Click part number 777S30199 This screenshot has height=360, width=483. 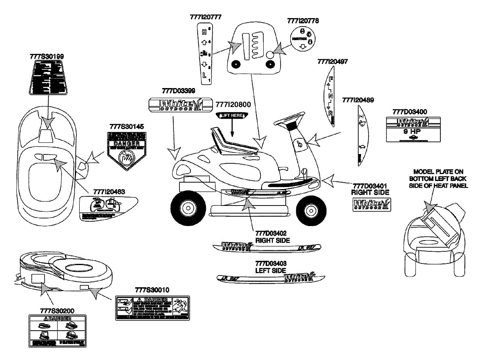tap(47, 57)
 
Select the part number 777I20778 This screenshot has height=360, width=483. tap(303, 21)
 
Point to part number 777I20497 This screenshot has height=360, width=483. tap(332, 62)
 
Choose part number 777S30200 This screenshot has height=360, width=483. tap(57, 311)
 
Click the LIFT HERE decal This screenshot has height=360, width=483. tap(232, 115)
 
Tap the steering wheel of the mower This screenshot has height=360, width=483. tap(289, 117)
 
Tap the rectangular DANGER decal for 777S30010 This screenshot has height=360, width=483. tap(153, 309)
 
